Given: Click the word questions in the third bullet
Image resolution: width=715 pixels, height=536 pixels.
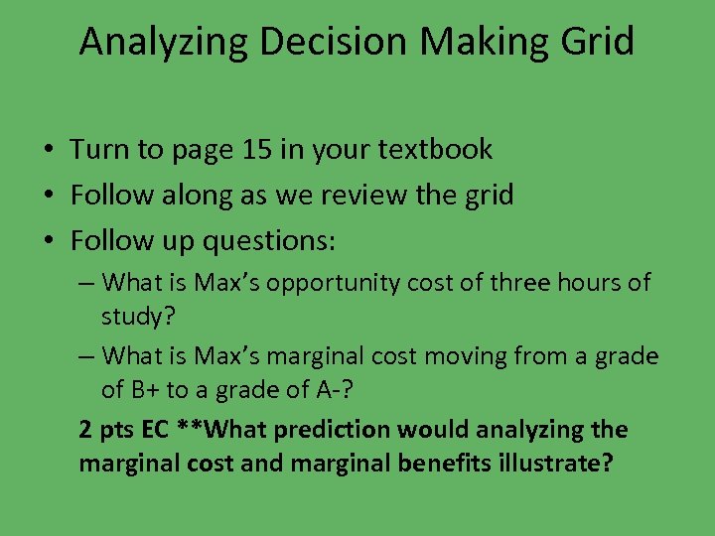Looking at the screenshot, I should pos(269,241).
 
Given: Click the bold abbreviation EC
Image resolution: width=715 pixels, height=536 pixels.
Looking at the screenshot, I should pos(154,430).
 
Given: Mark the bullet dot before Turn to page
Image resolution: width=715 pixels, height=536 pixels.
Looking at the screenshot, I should pos(48,151).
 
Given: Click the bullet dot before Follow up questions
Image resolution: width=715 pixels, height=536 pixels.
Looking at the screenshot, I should pos(48,242).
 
